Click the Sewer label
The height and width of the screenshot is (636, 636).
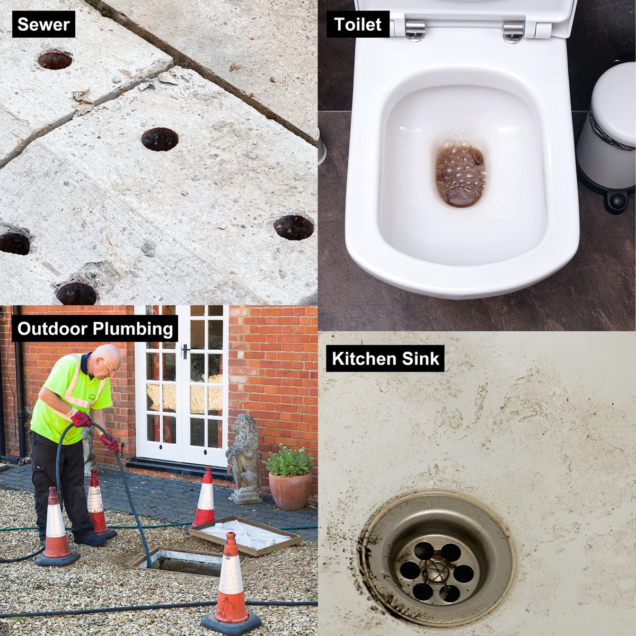[43, 24]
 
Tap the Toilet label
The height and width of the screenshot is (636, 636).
[358, 24]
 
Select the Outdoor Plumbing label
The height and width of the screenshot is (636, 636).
[95, 329]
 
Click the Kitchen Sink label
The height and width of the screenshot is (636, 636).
[385, 358]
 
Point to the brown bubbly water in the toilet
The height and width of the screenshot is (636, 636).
[461, 173]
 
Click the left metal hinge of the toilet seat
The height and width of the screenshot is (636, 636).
[415, 30]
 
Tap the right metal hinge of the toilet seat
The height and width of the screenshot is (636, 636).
[513, 31]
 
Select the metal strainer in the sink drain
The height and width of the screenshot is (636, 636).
[437, 564]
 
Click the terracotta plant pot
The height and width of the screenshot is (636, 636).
[290, 490]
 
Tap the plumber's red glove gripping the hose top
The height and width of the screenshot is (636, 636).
[81, 419]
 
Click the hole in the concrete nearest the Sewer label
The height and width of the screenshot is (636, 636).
[55, 60]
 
